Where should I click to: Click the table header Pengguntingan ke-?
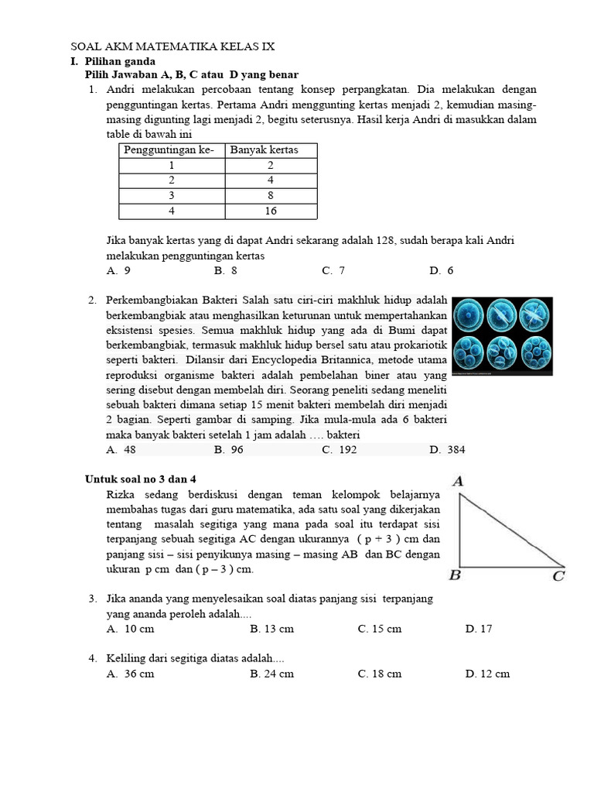169,149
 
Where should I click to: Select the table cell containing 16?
271,211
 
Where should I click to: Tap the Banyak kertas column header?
265,149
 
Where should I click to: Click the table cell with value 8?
271,195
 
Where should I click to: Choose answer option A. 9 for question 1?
118,270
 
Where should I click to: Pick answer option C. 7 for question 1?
333,270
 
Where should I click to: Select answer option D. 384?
447,450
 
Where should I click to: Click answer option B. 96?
229,450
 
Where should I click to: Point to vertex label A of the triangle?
457,482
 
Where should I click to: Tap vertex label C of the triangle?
558,576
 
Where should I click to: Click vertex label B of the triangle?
456,575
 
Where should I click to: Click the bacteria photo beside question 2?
502,336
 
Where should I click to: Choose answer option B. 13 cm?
271,629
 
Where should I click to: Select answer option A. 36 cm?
131,674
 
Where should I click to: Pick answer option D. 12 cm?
487,674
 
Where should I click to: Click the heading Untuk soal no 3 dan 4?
145,479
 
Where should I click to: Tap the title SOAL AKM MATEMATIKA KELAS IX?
172,46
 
